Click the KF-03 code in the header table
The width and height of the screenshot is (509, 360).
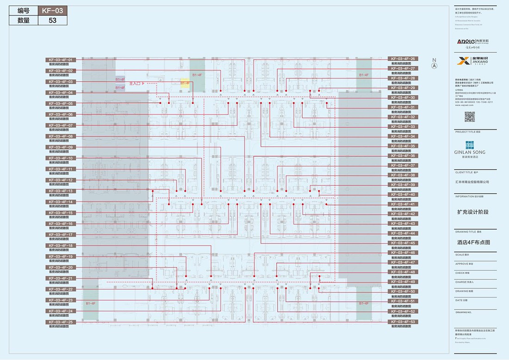[52, 11]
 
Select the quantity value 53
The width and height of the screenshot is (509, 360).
[52, 20]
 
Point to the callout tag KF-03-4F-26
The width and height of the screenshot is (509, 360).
[403, 59]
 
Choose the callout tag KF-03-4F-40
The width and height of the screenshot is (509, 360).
[403, 195]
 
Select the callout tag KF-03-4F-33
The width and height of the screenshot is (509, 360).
[403, 127]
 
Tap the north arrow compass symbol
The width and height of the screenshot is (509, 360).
[434, 65]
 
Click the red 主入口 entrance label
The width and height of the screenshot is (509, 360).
[137, 83]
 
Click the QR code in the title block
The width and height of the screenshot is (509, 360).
[470, 116]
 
